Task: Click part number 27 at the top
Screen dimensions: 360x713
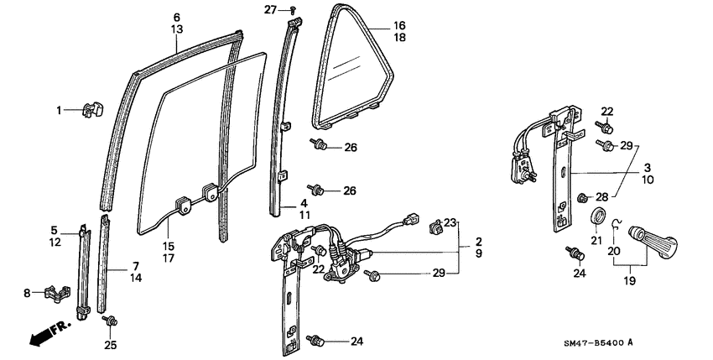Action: click(x=270, y=9)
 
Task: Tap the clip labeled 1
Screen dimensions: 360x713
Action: click(x=91, y=110)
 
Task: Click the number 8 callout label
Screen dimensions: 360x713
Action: click(x=27, y=293)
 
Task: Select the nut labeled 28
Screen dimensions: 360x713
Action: click(x=583, y=197)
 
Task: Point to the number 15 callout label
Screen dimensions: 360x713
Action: click(x=168, y=246)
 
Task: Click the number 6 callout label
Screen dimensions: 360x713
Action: click(x=177, y=17)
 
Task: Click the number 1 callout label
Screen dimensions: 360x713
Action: click(x=60, y=110)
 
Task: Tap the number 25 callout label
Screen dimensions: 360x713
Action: click(x=110, y=344)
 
